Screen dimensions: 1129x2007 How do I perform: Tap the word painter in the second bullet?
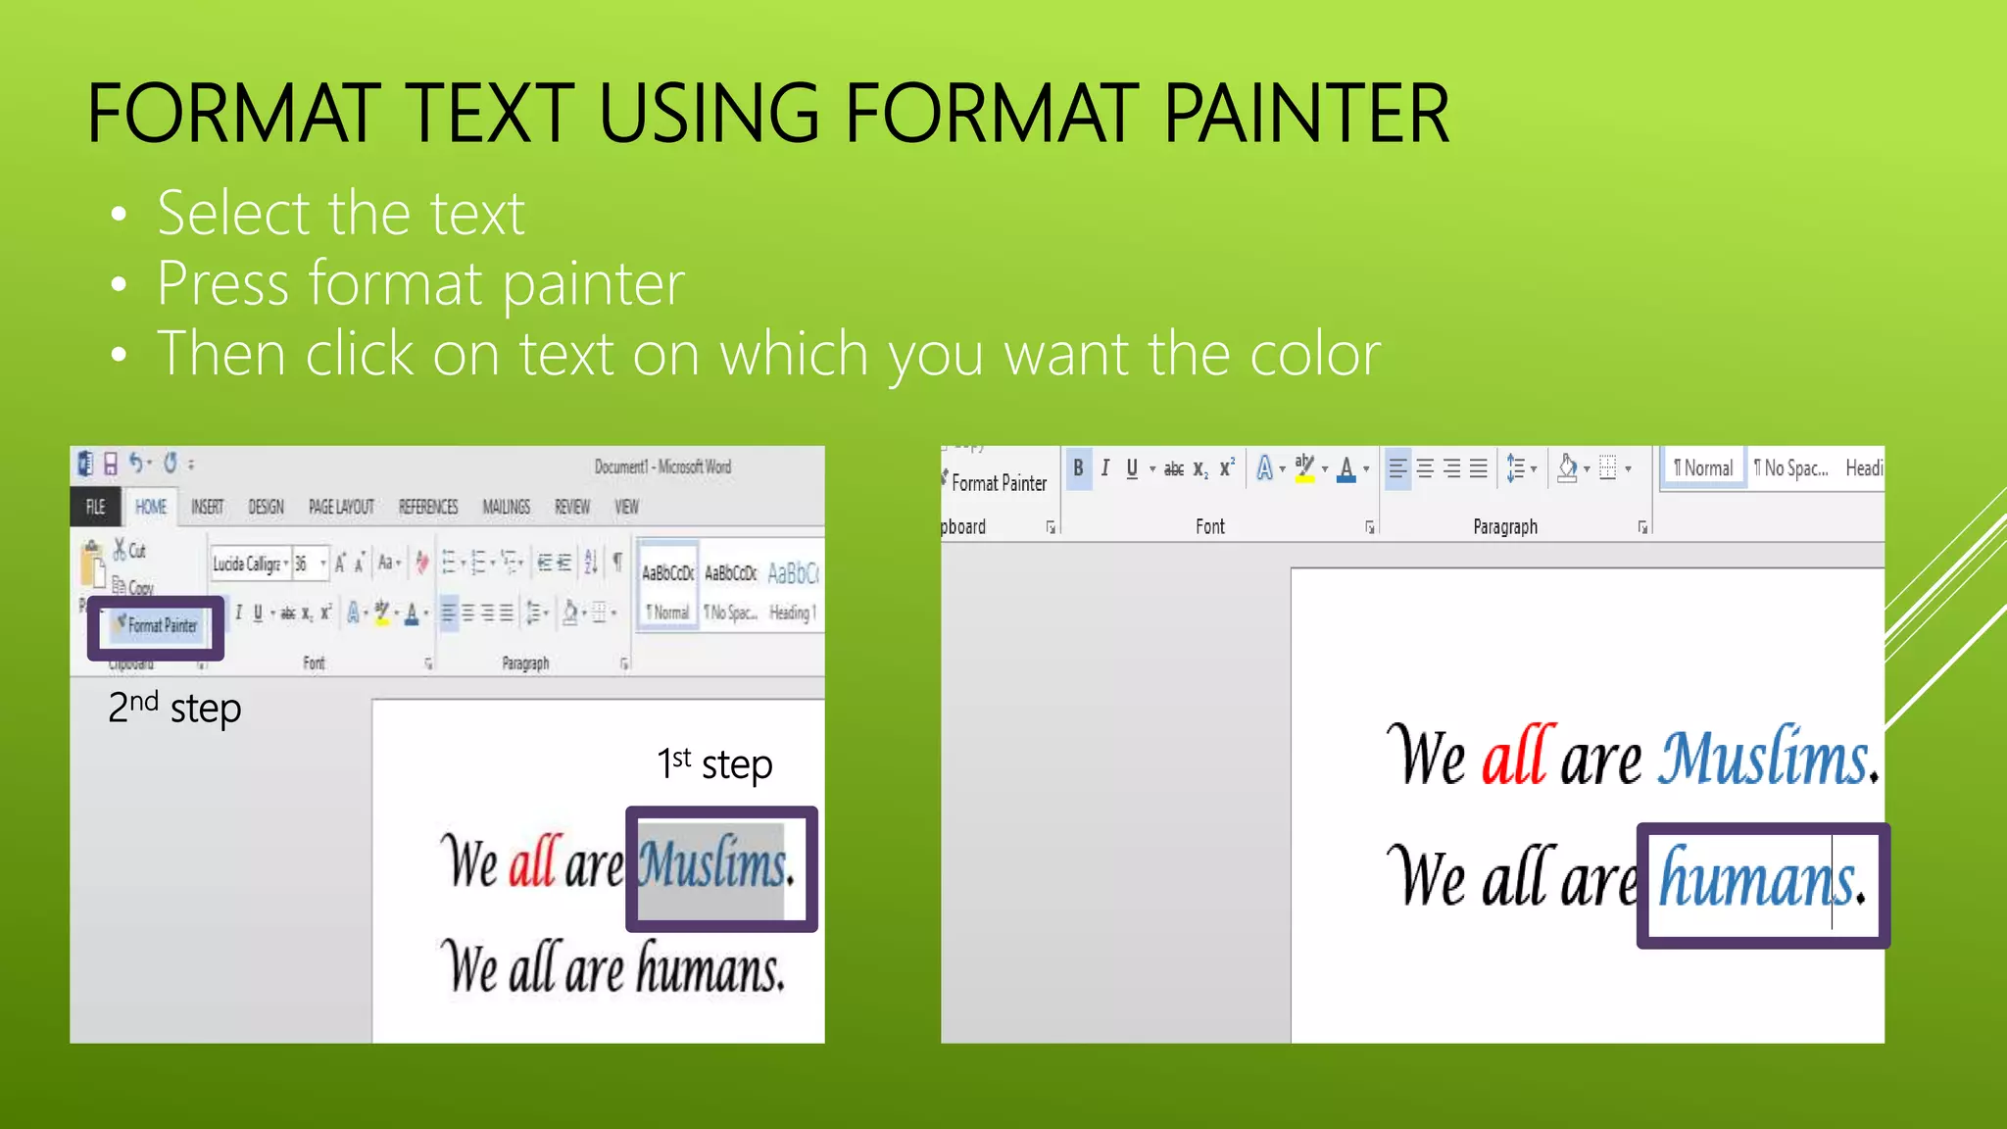coord(594,284)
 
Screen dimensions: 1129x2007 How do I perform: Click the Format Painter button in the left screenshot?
coord(157,625)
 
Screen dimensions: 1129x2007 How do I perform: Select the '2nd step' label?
coord(174,708)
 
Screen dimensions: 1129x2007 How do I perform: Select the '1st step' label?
coord(714,763)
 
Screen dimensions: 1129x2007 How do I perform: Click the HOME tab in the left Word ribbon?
coord(151,507)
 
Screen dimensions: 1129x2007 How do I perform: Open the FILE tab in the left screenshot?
coord(95,507)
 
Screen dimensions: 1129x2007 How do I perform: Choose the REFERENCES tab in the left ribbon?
coord(428,507)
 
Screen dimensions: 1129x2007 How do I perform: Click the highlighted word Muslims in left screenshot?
coord(712,865)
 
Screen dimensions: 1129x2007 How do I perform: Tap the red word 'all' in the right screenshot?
coord(1518,757)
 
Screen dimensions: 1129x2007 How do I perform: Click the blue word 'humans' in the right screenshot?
coord(1757,880)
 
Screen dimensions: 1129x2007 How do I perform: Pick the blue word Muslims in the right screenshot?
coord(1764,758)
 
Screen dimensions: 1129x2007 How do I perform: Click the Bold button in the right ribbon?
coord(1078,468)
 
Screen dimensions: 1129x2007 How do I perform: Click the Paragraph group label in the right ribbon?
coord(1505,527)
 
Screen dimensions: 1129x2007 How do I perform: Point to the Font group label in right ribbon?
coord(1210,527)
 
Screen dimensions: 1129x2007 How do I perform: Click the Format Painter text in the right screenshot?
coord(999,483)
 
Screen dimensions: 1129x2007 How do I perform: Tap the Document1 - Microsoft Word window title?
coord(662,466)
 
